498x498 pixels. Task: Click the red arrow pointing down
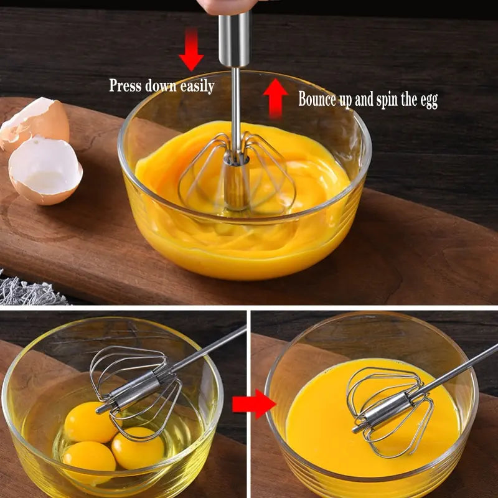(191, 50)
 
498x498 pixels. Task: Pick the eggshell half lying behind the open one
(37, 121)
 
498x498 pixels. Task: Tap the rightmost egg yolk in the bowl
(138, 448)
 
